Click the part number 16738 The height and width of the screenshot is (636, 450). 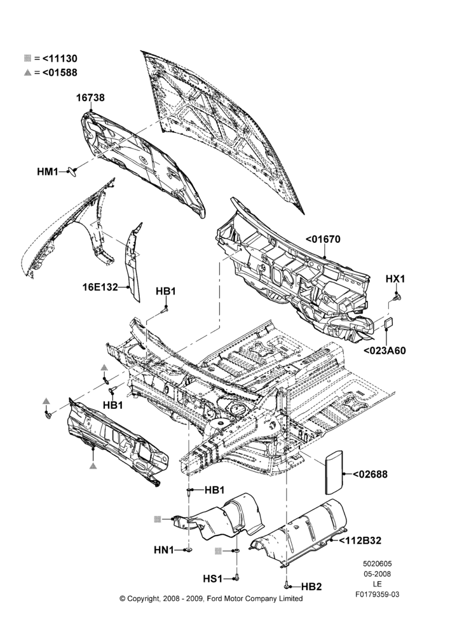click(91, 98)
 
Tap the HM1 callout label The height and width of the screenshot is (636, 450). click(48, 172)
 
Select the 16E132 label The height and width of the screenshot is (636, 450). click(100, 287)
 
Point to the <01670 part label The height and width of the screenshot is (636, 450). click(323, 239)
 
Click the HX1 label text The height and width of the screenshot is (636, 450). click(395, 279)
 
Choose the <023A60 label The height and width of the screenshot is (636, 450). click(385, 351)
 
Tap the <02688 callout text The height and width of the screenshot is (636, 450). click(370, 474)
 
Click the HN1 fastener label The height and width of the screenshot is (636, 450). click(164, 550)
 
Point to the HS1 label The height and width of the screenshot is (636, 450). click(213, 579)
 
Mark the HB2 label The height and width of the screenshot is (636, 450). click(311, 586)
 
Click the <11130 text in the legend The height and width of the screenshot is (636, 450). click(60, 59)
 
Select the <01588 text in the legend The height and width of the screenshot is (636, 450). click(60, 73)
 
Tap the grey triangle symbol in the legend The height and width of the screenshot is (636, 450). click(27, 73)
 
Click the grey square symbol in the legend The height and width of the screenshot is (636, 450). click(27, 59)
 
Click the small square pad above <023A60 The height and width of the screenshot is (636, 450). click(389, 323)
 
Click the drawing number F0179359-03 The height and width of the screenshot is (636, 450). click(378, 595)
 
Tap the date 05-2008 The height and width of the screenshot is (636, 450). click(377, 574)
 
